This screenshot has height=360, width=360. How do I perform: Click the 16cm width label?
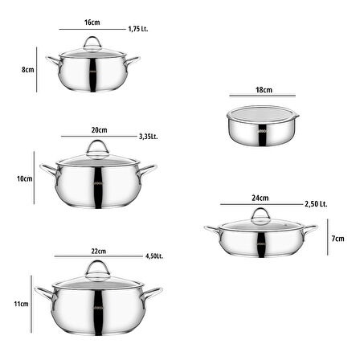coord(92,22)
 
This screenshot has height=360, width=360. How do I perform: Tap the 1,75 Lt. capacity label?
coord(138,29)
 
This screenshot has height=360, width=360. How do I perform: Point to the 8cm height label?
coord(28,70)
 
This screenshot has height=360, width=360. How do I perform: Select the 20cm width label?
coord(99,130)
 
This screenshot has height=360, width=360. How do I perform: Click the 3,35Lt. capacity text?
coord(149,137)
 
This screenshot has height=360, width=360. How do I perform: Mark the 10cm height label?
coord(25,178)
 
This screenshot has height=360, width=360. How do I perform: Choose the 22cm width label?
coord(99,252)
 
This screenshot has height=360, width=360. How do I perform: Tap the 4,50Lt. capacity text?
coord(154,256)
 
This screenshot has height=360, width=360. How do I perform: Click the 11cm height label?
coord(21,304)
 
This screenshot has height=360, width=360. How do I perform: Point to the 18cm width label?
coord(264,90)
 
